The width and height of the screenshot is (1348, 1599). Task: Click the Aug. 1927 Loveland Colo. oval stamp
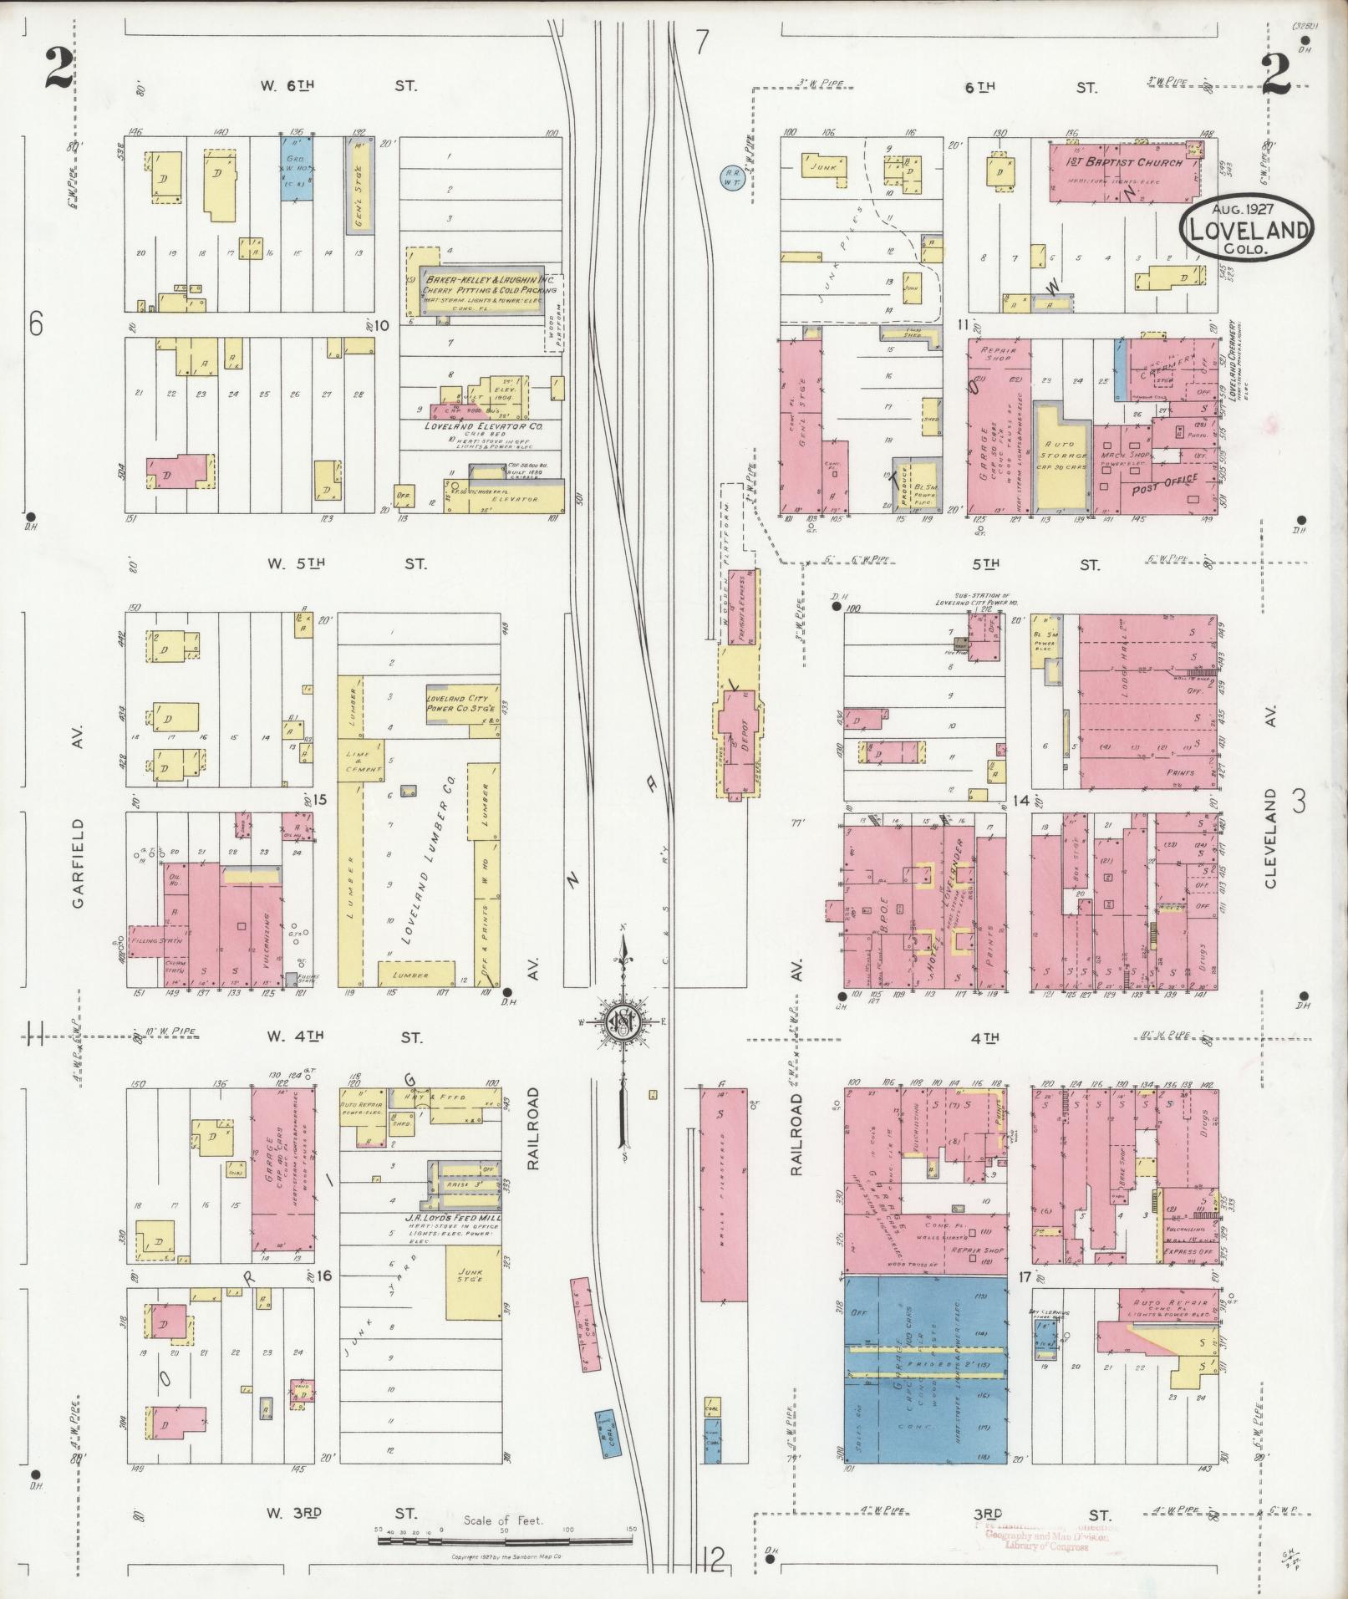tap(1246, 227)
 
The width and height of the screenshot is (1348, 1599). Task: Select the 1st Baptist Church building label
tap(1124, 161)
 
